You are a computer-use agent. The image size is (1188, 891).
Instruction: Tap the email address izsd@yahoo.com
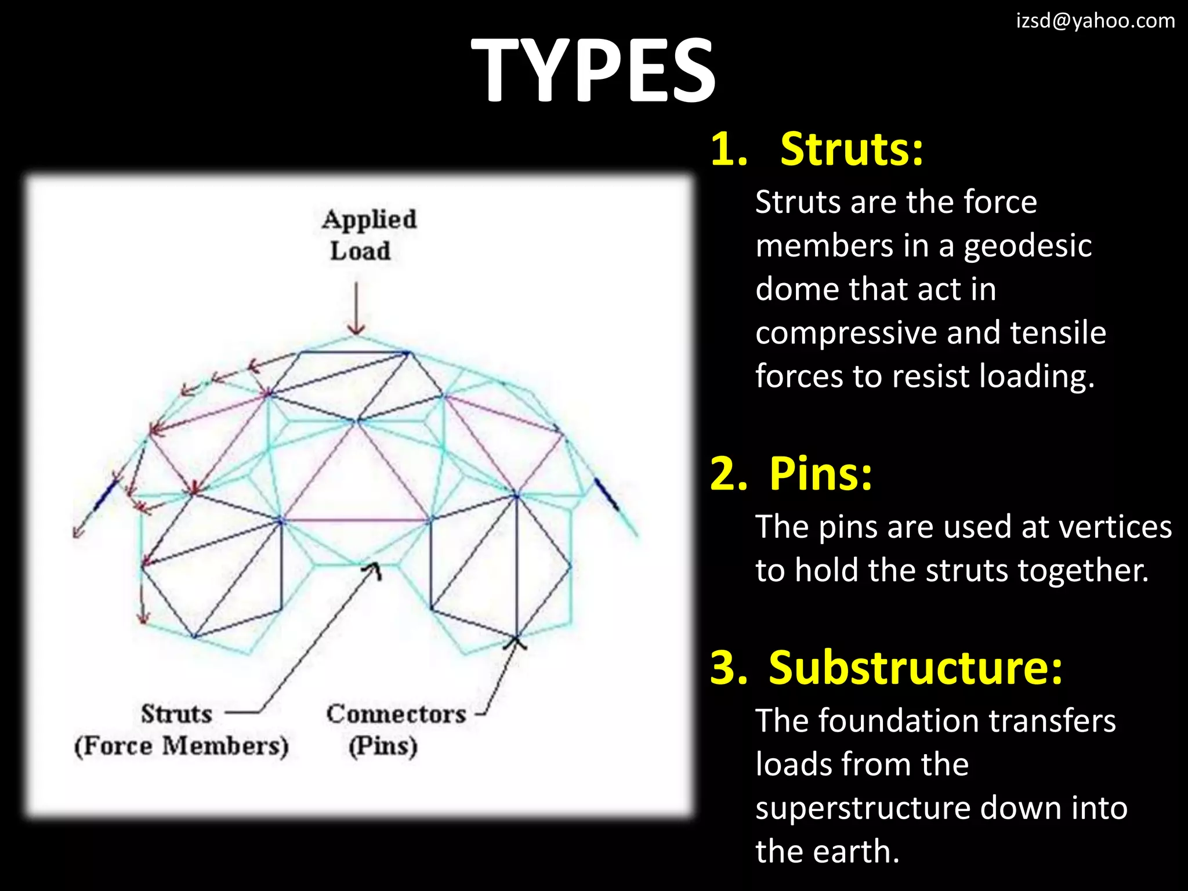pos(1095,21)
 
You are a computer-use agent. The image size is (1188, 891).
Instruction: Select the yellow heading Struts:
pos(851,150)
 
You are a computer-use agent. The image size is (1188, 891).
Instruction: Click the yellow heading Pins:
pos(820,474)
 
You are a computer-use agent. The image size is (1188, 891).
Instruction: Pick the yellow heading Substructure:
pos(915,668)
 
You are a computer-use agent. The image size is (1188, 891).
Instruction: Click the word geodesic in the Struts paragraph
pos(1027,246)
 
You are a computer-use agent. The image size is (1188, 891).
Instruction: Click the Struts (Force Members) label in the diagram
pos(180,730)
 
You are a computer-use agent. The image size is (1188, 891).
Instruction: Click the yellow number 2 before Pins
pos(729,474)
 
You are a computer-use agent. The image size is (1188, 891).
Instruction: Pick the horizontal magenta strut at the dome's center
pos(355,520)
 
